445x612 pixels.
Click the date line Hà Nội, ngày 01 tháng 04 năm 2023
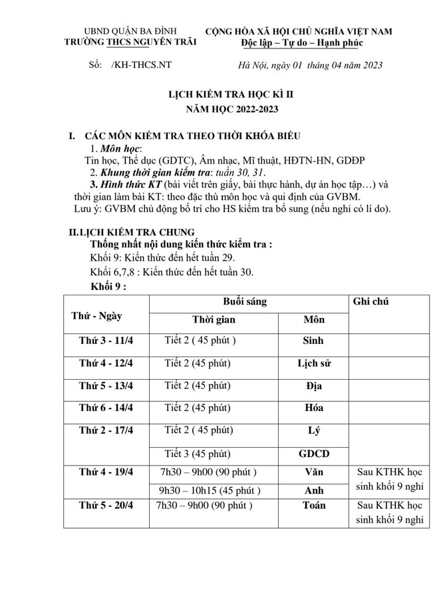pyautogui.click(x=310, y=65)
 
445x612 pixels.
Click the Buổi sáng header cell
pyautogui.click(x=245, y=301)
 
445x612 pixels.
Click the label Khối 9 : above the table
pyautogui.click(x=108, y=286)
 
